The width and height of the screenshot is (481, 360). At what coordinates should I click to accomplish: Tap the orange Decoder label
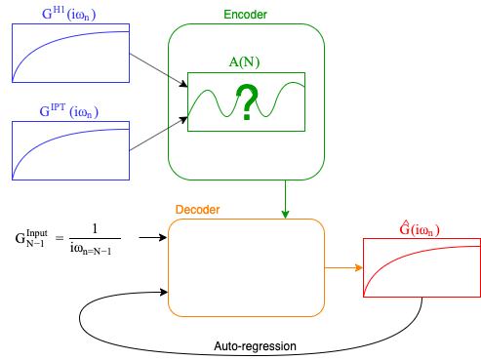[x=197, y=210]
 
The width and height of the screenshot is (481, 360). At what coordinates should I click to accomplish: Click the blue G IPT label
[x=68, y=109]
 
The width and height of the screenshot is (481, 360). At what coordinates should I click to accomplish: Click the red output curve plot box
[x=421, y=267]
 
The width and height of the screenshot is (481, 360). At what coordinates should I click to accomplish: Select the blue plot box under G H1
[x=70, y=54]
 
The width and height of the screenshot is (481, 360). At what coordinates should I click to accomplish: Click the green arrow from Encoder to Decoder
[x=285, y=199]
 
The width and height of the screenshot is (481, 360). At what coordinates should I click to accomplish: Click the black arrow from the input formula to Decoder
[x=152, y=237]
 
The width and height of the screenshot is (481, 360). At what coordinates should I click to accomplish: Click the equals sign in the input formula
[x=60, y=237]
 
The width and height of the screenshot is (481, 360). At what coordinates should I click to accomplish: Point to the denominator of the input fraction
[x=94, y=248]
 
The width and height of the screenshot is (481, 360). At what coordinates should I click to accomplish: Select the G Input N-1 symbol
[x=30, y=237]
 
